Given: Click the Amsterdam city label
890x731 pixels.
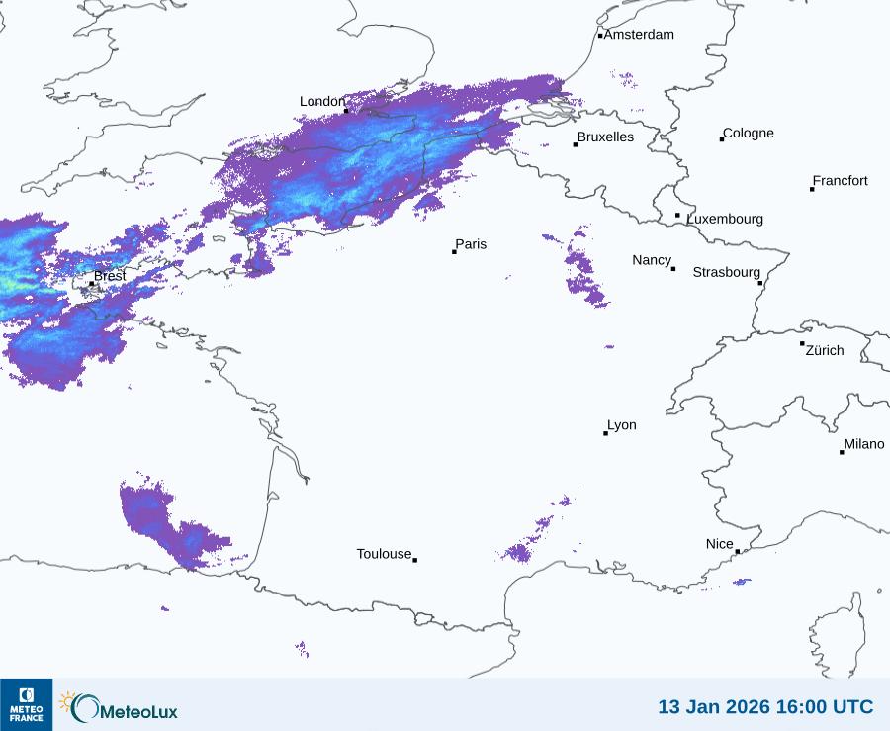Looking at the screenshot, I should coord(639,35).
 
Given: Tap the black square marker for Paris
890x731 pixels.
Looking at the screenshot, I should coord(454,252).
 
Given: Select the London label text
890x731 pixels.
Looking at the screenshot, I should coord(322,102).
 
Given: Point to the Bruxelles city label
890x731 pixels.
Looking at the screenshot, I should coord(605,137).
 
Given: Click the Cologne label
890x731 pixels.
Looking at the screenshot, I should coord(749,134).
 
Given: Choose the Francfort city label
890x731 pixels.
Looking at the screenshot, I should coord(840,181).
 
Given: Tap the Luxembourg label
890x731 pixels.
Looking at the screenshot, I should coord(725,219).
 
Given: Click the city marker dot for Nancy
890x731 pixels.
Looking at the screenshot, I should coord(673,269).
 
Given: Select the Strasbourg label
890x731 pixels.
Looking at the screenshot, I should coord(726,272).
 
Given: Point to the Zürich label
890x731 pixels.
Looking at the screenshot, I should coord(825,350).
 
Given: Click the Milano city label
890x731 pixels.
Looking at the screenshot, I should coord(863,444).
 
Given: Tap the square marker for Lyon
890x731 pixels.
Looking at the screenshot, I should coord(605,433).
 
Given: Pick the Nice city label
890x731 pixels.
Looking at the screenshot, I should coord(720,544).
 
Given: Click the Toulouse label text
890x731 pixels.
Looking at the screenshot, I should coord(384,554).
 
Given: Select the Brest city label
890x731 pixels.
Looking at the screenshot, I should coord(110,276).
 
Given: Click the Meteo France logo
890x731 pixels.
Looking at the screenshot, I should coord(26,704).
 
